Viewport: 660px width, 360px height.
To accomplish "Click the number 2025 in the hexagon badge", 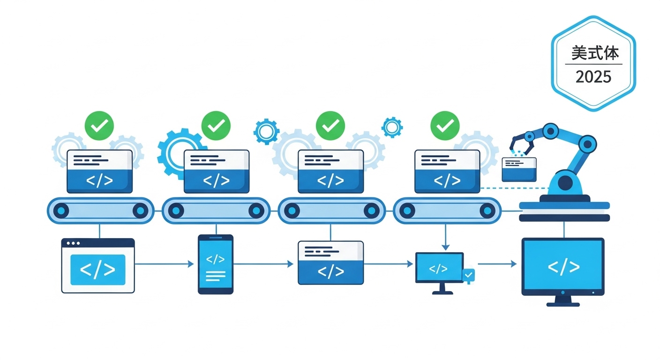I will (x=593, y=76).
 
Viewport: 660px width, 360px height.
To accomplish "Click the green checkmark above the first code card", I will (x=99, y=125).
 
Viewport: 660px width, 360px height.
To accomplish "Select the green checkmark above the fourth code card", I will (x=445, y=125).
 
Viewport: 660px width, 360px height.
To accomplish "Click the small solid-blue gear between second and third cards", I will (x=266, y=131).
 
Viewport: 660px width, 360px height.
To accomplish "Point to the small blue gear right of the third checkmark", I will (x=392, y=127).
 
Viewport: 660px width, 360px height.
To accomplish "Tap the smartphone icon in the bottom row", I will (x=216, y=264).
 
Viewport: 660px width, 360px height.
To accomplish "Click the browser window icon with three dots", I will (x=98, y=265).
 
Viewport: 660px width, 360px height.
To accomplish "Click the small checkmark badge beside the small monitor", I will (x=468, y=275).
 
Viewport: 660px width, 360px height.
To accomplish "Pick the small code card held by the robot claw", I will (x=519, y=169).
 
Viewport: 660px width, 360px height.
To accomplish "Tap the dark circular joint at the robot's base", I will (x=565, y=182).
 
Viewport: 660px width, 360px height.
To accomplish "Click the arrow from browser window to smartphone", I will (x=164, y=264).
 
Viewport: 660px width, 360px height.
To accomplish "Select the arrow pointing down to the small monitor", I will (x=445, y=237).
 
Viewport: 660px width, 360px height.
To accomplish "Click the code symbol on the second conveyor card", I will (x=216, y=180).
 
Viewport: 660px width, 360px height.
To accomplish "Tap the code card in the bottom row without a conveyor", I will (x=330, y=262).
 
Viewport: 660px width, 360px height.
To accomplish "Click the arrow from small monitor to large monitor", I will (x=497, y=264).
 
